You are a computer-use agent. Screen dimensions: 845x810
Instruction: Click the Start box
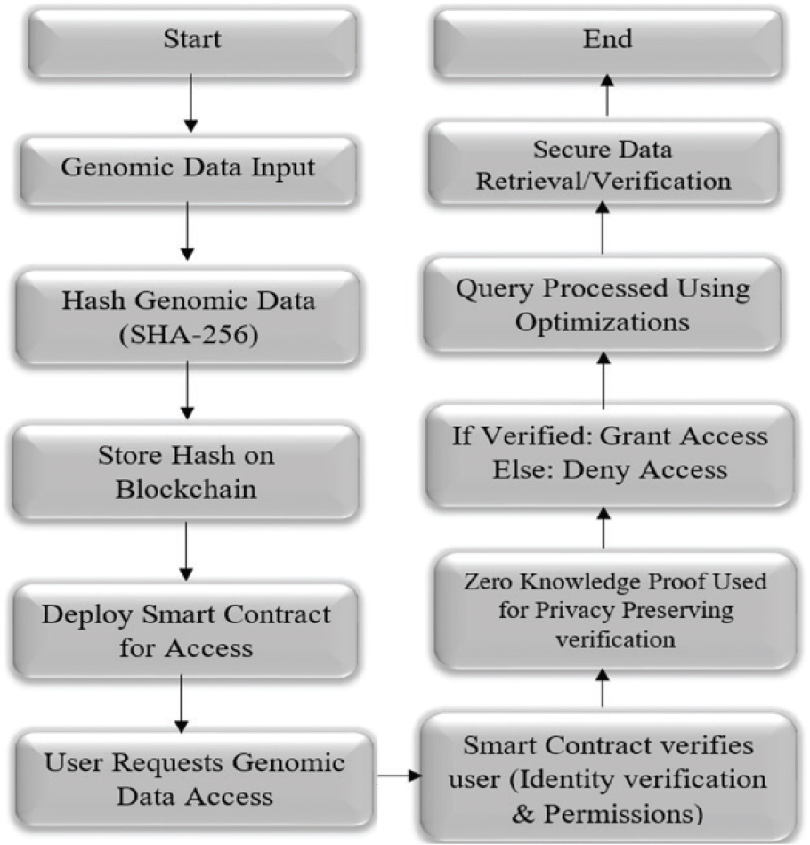click(191, 40)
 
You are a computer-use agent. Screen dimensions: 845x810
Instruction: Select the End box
click(608, 40)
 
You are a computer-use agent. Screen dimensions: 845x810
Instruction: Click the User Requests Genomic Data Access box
click(193, 778)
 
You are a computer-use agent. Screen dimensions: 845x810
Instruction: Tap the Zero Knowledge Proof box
click(613, 610)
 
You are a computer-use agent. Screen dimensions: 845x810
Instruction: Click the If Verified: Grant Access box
click(610, 453)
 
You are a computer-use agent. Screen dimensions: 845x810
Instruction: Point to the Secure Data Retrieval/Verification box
click(604, 166)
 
